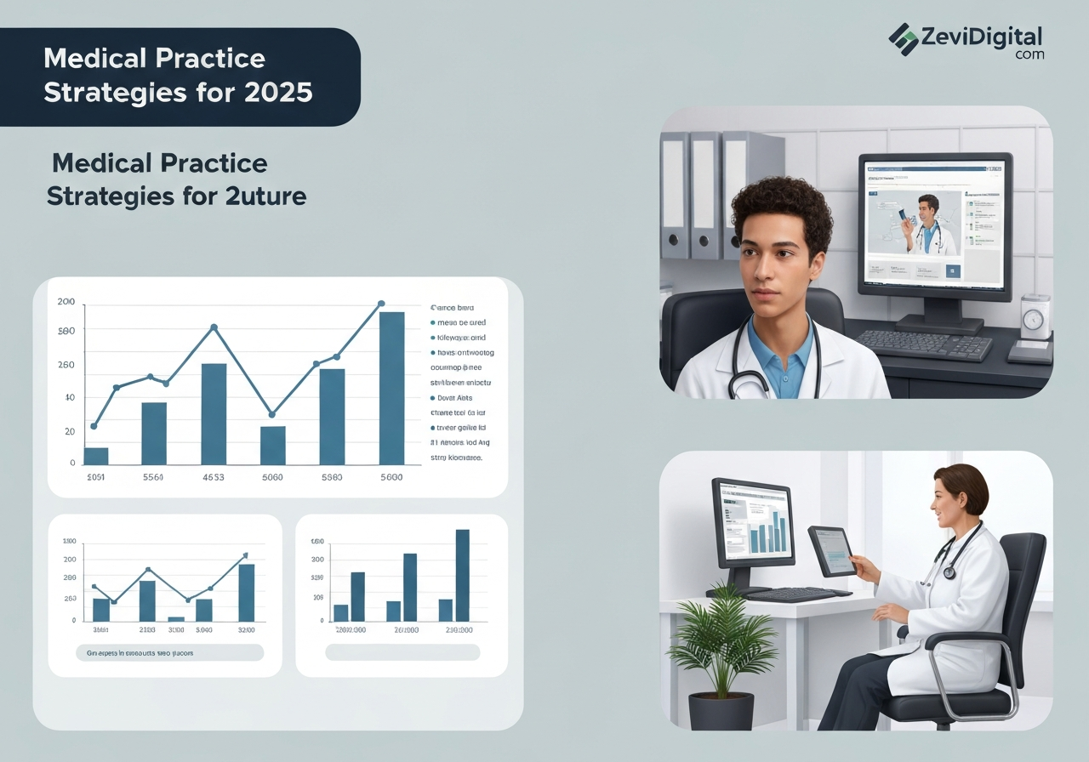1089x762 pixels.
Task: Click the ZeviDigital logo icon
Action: coord(904,39)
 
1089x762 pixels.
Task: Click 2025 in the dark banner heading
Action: coord(278,92)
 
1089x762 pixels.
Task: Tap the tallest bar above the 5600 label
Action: coord(391,388)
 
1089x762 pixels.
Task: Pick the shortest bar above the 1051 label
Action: coord(96,456)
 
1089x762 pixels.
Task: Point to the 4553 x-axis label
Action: coord(213,478)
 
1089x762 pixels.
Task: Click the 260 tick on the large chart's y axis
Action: coord(66,365)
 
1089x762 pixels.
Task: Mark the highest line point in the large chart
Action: coord(381,304)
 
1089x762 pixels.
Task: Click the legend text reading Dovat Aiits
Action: coord(453,397)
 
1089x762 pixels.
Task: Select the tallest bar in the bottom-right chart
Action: coord(463,575)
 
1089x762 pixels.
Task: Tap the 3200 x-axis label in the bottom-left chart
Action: coord(247,630)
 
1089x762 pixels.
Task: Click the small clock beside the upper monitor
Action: coord(1033,319)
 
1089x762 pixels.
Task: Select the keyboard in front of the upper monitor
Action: coord(924,344)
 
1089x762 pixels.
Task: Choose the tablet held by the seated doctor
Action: coord(830,550)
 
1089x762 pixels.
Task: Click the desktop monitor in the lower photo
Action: coord(754,522)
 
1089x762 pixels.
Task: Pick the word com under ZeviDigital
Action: coord(1029,54)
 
